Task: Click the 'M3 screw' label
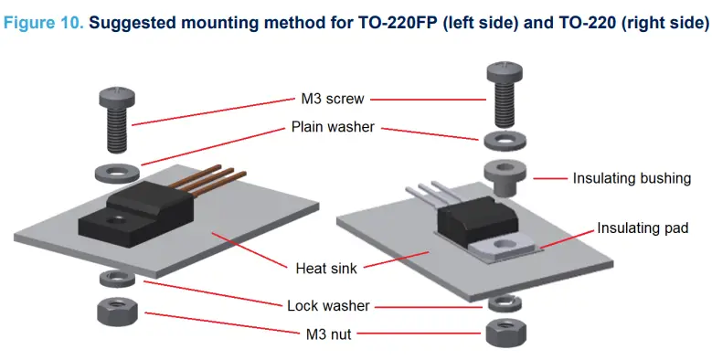333,99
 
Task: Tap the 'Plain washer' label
333,127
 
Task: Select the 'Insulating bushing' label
632,178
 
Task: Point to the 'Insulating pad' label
643,228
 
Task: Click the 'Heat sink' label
326,268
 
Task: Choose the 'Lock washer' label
328,305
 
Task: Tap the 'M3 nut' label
328,334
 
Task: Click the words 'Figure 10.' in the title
43,22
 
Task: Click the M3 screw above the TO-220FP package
117,120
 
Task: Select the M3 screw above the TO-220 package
505,94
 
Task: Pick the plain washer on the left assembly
117,174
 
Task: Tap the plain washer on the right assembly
505,141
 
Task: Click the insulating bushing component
505,177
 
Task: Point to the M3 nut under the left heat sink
117,311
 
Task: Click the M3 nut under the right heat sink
505,333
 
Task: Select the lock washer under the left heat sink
117,279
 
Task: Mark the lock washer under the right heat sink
505,302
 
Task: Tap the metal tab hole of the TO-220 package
503,245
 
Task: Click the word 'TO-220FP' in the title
398,22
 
